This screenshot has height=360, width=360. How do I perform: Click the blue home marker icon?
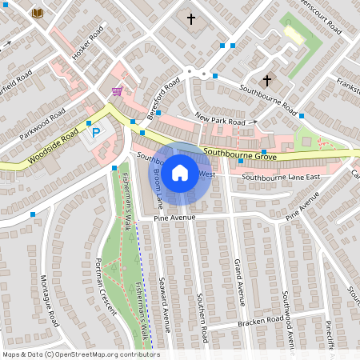[180, 171]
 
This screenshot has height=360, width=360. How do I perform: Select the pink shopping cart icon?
[117, 91]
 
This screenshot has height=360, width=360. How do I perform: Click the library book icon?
[37, 13]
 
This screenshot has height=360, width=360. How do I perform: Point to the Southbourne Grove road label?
[234, 152]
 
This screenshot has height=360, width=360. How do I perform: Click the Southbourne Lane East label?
[281, 176]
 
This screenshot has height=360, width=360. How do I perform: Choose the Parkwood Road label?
[42, 124]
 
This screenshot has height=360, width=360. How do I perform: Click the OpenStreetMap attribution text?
[80, 354]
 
